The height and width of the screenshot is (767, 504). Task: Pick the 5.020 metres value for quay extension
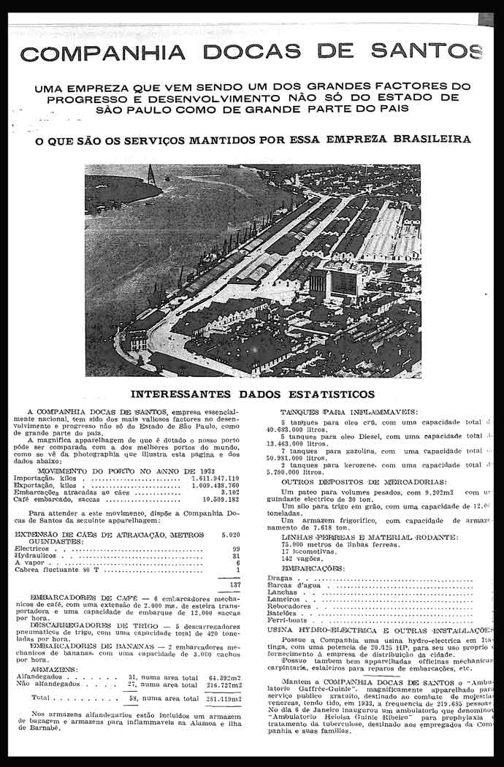[x=230, y=535]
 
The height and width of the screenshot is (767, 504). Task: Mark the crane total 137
[x=234, y=585]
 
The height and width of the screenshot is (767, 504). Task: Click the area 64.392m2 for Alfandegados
[x=224, y=677]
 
